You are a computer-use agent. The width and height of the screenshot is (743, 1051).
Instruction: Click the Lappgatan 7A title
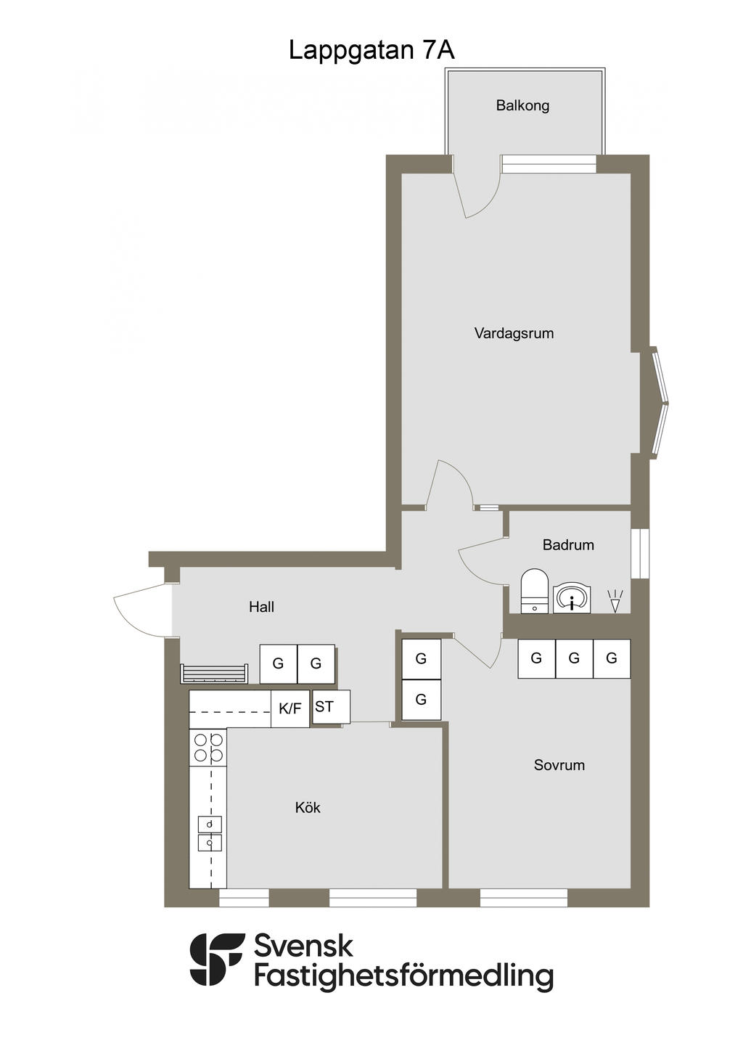(371, 50)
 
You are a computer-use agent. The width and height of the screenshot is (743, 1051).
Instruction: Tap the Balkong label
(522, 105)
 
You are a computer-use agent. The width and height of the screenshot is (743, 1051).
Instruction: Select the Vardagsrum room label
(514, 334)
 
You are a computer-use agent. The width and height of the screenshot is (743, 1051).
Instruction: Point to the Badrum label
(568, 545)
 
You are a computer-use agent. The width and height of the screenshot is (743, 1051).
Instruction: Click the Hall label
(261, 607)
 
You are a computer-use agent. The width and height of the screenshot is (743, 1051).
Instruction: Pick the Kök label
(308, 807)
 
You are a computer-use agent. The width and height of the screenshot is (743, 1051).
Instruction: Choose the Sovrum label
(559, 765)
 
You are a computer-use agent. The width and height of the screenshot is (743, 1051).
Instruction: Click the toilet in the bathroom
(534, 591)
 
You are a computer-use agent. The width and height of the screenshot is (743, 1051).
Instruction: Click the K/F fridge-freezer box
(290, 708)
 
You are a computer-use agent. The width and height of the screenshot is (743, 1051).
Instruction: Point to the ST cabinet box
(331, 707)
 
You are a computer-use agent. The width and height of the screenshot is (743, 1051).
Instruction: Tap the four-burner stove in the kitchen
(208, 748)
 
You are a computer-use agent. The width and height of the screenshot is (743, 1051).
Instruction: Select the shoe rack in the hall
(213, 674)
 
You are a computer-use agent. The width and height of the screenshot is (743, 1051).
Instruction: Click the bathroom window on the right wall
(640, 554)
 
